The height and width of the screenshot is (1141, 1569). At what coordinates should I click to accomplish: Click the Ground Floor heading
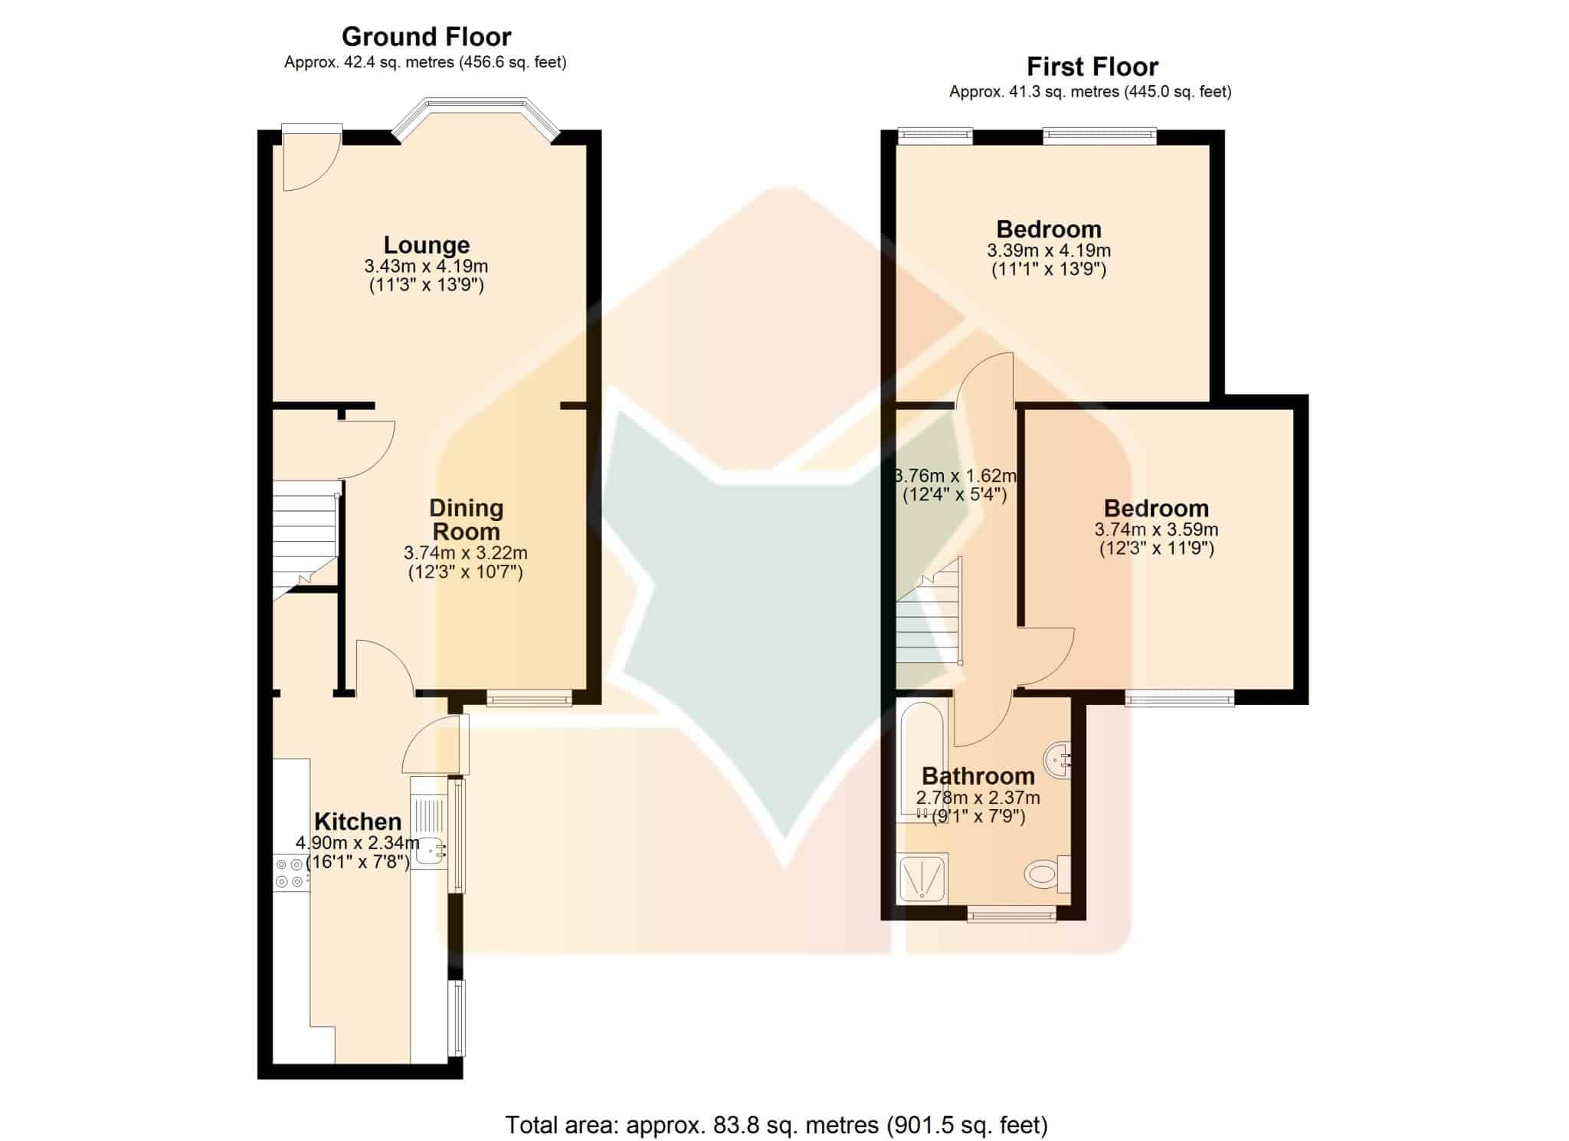click(426, 37)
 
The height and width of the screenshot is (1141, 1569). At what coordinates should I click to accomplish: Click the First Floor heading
click(1092, 67)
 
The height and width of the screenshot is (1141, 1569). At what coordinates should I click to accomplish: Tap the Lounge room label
click(427, 245)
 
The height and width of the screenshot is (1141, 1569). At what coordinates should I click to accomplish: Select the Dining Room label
click(466, 520)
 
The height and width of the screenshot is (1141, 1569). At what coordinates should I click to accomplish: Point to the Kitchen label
click(358, 821)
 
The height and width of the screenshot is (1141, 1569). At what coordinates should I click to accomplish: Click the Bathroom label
click(978, 776)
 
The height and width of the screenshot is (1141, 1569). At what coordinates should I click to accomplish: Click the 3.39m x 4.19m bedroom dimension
click(1049, 251)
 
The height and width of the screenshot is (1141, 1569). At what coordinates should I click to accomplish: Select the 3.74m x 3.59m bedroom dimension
click(1156, 530)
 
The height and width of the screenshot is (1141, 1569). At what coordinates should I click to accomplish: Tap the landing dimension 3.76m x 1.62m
click(955, 476)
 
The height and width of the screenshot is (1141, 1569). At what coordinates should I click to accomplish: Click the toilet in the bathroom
click(1047, 874)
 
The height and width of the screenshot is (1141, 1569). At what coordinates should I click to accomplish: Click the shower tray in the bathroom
click(922, 878)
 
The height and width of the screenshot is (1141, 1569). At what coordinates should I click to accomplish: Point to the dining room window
click(529, 697)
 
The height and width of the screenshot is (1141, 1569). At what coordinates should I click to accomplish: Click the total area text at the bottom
click(776, 1125)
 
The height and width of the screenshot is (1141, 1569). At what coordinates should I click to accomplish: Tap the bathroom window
click(1011, 913)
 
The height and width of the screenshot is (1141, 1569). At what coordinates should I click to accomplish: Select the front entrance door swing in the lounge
click(312, 159)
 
